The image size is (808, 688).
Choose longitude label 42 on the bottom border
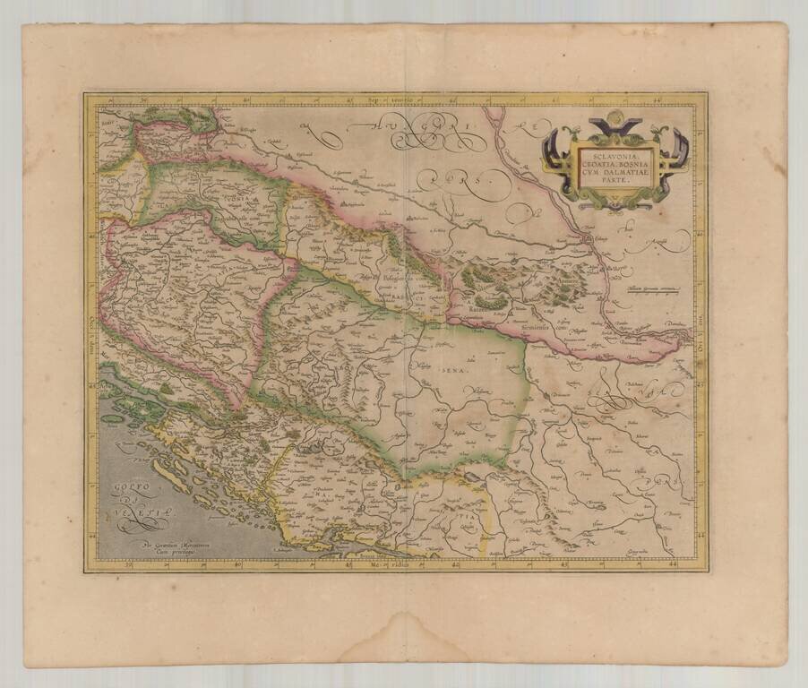[x=456, y=565]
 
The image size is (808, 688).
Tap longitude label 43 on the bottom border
[x=564, y=565]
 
